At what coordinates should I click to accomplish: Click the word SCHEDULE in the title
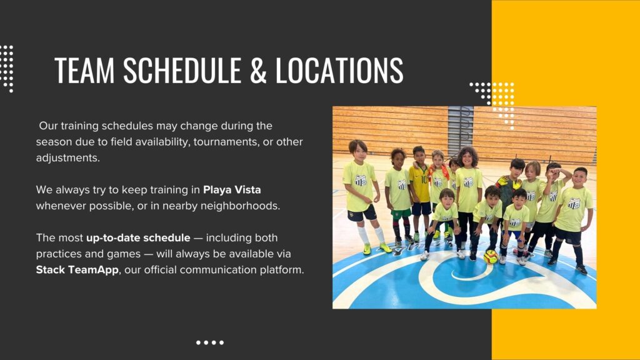click(182, 70)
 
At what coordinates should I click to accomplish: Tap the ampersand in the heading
click(258, 70)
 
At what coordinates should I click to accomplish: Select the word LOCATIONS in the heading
click(339, 70)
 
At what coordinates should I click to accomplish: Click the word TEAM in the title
click(84, 70)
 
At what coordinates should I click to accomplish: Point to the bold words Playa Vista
click(232, 190)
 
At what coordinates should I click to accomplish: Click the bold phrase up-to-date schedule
click(138, 238)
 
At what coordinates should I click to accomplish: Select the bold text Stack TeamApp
click(77, 270)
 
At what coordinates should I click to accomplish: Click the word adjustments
click(67, 158)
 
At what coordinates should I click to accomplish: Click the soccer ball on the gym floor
click(491, 257)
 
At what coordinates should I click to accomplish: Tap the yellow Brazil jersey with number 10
click(419, 184)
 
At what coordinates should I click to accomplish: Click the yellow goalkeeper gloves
click(509, 182)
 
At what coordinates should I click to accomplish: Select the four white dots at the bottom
click(210, 342)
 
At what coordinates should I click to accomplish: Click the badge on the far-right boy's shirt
click(574, 203)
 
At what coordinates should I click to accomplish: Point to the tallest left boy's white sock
click(363, 235)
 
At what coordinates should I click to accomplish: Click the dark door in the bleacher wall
click(461, 131)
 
